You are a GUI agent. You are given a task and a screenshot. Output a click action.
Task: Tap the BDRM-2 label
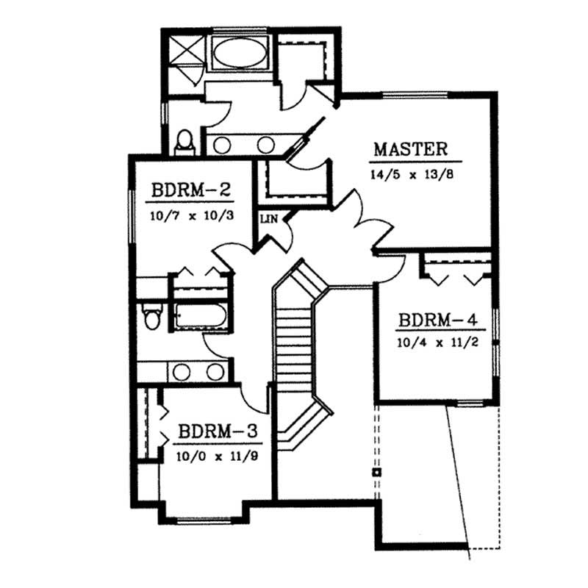[192, 190]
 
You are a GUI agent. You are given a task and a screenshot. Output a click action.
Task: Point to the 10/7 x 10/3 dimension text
[192, 217]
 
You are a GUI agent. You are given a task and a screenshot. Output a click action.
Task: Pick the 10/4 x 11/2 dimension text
[439, 343]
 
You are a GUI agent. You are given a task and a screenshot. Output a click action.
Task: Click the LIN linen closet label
[267, 218]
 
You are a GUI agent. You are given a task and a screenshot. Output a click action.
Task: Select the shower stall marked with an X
[183, 52]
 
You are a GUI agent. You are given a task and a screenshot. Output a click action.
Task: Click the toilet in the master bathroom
[184, 141]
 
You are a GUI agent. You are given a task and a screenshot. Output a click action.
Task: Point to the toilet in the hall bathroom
[152, 318]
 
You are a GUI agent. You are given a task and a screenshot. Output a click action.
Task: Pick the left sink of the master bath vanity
[224, 144]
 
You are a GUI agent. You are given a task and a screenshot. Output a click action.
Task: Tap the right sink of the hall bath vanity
[215, 372]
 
